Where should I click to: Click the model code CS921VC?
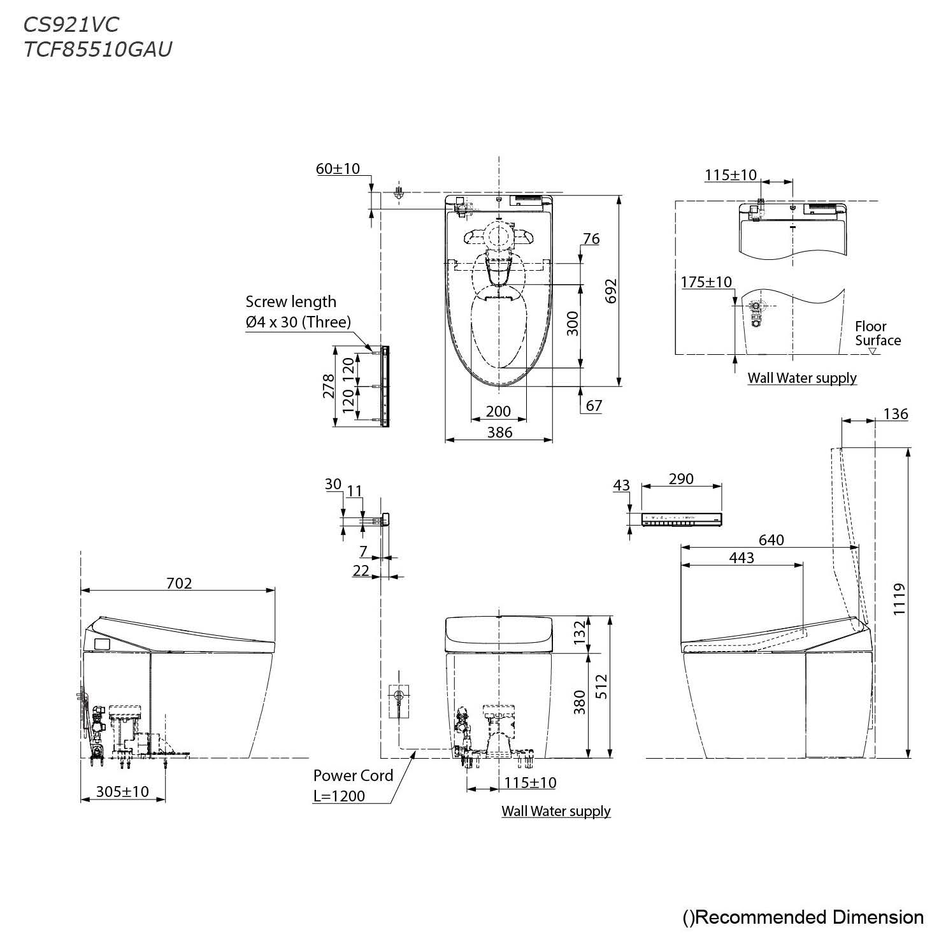[x=71, y=24]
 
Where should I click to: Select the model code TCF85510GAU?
[x=97, y=50]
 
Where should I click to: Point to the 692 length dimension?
[x=610, y=290]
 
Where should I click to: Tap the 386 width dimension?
[x=499, y=432]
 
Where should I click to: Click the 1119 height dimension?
[x=898, y=599]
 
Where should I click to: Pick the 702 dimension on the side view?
[x=178, y=582]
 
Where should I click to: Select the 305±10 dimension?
[x=122, y=791]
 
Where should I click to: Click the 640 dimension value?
[x=771, y=540]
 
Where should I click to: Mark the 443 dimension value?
[x=742, y=557]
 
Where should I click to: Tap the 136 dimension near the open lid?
[x=895, y=413]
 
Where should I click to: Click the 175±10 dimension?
[x=706, y=282]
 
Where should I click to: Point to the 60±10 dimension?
[x=338, y=169]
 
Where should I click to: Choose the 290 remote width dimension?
[x=681, y=478]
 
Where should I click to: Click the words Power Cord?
[x=353, y=775]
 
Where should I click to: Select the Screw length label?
[x=290, y=301]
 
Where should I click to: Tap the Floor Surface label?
[x=877, y=333]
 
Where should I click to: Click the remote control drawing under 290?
[x=682, y=519]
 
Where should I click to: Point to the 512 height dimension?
[x=601, y=686]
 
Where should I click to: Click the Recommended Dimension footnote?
[x=803, y=917]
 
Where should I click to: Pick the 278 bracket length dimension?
[x=328, y=386]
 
